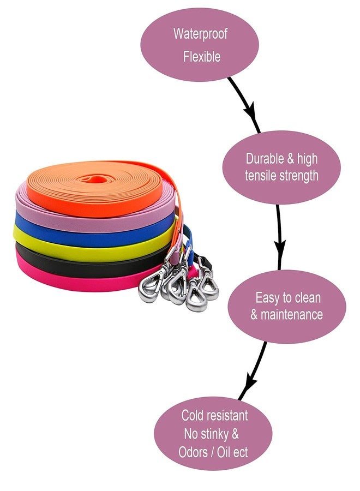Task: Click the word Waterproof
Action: [200, 34]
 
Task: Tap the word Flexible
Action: [202, 57]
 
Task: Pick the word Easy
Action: [269, 298]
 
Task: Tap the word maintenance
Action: [291, 314]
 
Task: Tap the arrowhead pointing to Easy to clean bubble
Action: [280, 247]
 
